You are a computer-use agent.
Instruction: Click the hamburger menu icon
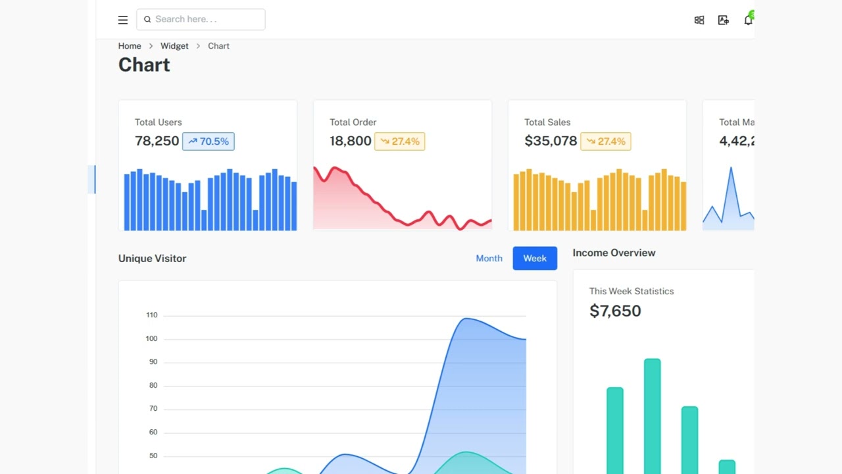[123, 20]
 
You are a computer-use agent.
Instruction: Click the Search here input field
[201, 20]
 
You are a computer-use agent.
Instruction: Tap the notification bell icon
[748, 20]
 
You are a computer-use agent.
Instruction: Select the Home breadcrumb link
[130, 46]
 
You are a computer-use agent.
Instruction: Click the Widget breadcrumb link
[174, 46]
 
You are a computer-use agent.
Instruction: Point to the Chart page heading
[144, 65]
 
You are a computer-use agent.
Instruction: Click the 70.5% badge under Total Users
[209, 142]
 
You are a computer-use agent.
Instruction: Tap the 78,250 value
[157, 141]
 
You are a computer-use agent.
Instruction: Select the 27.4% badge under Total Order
[400, 142]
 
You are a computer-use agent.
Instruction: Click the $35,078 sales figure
[551, 141]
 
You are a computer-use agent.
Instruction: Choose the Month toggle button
[489, 258]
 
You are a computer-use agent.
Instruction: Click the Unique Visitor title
[152, 258]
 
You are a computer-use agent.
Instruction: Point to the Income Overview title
[614, 253]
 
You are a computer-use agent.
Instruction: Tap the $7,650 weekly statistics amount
[615, 311]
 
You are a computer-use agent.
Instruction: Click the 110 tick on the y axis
[152, 315]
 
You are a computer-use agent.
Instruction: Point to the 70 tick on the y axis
[153, 409]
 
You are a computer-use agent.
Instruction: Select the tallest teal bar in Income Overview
[652, 415]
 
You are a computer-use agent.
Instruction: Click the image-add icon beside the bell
[724, 20]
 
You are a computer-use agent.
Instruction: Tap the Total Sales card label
[547, 122]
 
